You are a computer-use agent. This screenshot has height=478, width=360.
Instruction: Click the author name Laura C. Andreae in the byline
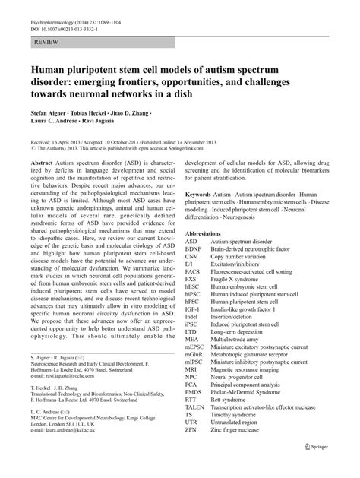click(55, 120)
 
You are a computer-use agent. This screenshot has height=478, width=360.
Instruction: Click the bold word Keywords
click(201, 194)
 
